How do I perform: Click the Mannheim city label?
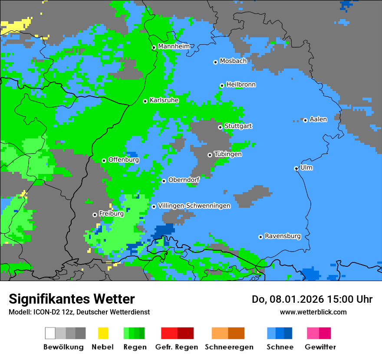coord(174,46)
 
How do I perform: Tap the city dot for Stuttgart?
coord(220,127)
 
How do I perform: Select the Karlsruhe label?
coord(164,100)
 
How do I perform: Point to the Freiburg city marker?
coord(95,215)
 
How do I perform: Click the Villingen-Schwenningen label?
coord(194,206)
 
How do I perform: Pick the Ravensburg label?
coord(283,236)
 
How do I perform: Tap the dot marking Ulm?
coord(296,168)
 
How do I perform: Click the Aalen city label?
coord(318,119)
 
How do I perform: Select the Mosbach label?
coord(233,61)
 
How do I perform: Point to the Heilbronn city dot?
coord(222,85)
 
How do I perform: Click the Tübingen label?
coord(228,154)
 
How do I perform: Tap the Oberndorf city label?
coord(184,180)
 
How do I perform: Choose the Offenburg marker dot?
coord(104,160)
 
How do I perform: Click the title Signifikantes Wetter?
coord(72,299)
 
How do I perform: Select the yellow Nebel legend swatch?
coord(103,333)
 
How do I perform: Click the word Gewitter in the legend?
coord(320,347)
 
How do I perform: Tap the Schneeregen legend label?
coord(229,347)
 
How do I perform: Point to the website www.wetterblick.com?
coord(313,312)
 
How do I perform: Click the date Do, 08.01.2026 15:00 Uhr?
coord(312,299)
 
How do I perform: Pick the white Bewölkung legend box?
coord(50,333)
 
